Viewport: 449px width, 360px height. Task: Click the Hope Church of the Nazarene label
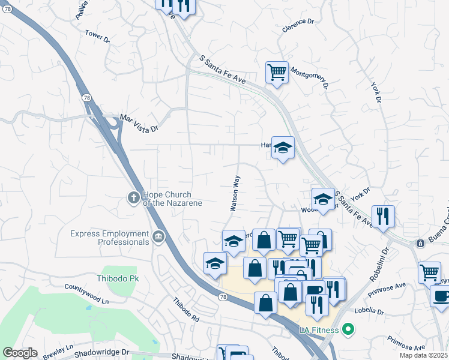coord(172,199)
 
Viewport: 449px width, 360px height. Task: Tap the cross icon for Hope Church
coord(134,197)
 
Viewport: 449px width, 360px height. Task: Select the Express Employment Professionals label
coord(109,238)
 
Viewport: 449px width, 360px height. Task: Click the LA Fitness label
coord(319,329)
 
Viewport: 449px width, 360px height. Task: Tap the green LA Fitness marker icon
coord(346,329)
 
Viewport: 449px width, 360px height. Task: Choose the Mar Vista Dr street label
coord(139,123)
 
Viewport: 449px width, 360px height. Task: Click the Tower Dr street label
coord(98,37)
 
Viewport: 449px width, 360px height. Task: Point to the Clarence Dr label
coord(298,25)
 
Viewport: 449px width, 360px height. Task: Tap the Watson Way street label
coord(235,193)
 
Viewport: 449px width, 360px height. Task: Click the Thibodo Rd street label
coord(185,310)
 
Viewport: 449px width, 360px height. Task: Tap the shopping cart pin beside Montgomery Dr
coord(277,73)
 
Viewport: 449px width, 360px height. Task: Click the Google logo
coord(19,353)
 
